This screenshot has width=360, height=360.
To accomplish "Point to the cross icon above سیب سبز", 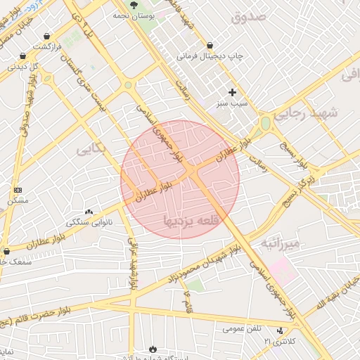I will [233, 92].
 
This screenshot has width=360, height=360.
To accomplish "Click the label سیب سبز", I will [233, 103].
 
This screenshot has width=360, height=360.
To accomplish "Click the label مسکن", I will [18, 201].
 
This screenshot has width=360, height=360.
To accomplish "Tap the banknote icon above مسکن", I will [18, 191].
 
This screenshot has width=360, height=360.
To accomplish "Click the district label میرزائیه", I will [281, 243].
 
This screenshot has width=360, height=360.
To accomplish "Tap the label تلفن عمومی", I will [243, 328].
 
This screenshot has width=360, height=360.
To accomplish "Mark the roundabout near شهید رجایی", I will [266, 124].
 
